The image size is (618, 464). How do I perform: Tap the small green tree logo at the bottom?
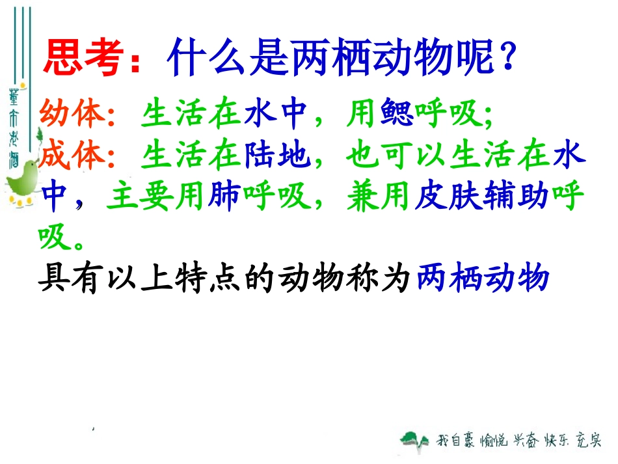414,441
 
